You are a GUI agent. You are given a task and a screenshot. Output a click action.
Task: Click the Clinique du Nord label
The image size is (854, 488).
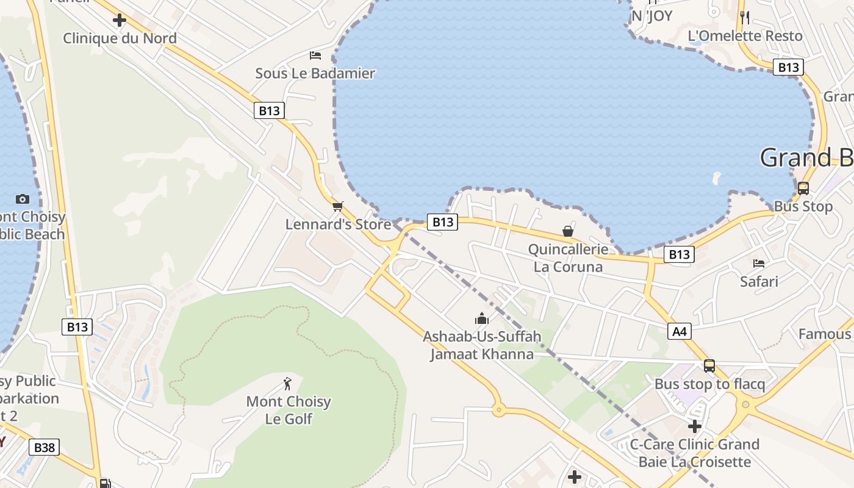click(120, 38)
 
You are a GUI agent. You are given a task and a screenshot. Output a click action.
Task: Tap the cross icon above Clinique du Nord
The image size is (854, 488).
click(120, 20)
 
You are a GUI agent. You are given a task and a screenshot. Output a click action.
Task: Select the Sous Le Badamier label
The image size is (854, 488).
click(315, 73)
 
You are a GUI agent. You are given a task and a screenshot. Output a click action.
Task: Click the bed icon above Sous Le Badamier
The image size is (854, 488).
click(315, 56)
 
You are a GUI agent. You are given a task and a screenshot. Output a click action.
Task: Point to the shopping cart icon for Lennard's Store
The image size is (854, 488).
click(338, 206)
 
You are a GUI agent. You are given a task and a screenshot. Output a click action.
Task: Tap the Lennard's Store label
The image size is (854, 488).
click(338, 224)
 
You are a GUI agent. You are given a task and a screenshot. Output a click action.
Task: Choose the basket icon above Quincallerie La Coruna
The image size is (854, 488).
click(568, 231)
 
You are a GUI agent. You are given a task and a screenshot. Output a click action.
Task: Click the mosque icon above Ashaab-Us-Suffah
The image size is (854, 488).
click(482, 318)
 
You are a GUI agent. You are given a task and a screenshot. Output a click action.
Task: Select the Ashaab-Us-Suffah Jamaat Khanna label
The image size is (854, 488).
click(482, 345)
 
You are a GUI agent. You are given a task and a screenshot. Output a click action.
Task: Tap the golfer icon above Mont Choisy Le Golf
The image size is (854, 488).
click(288, 384)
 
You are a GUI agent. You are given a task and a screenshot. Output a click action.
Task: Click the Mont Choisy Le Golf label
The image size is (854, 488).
click(289, 410)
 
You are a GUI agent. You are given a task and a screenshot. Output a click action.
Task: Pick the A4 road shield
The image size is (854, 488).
click(680, 331)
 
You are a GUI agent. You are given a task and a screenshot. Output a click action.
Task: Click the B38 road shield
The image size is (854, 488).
click(44, 447)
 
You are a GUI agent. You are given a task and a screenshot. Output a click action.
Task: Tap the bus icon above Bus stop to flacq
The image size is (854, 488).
click(709, 366)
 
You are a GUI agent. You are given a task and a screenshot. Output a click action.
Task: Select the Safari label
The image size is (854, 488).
click(759, 281)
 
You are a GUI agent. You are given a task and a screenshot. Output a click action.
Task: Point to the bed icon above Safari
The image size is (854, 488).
click(759, 264)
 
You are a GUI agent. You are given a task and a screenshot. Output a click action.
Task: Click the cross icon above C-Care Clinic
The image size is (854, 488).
click(695, 426)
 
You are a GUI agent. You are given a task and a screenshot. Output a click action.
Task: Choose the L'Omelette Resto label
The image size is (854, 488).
click(745, 36)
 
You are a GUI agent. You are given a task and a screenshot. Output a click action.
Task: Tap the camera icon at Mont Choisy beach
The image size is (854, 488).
click(23, 199)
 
